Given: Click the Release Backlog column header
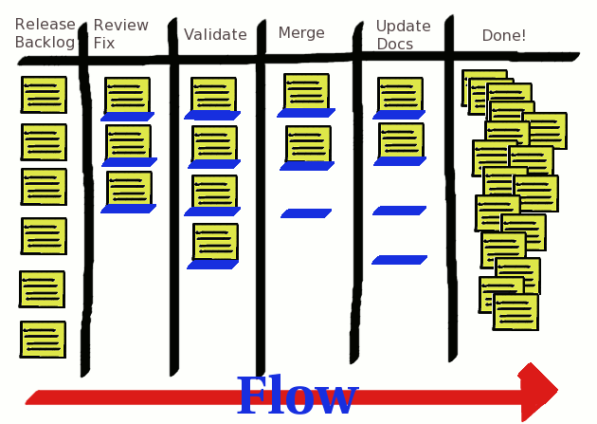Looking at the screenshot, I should (45, 33).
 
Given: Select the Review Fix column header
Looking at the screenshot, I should (120, 34).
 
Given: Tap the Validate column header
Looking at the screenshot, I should (215, 35).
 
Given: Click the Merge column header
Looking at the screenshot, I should (301, 33).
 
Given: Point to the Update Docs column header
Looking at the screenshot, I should (403, 34).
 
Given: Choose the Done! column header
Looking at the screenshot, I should (503, 36).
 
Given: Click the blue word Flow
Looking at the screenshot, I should (297, 396).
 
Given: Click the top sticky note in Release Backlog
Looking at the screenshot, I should (44, 95).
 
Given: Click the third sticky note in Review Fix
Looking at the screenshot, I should (129, 188).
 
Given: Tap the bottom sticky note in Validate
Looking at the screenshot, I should (215, 242).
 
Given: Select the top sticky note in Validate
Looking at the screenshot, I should (213, 95).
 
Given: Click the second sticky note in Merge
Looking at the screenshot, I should (308, 144).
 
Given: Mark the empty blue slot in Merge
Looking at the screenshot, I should (306, 213).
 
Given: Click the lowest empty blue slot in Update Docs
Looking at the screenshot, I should (399, 259).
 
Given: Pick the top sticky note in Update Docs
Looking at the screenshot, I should (400, 95).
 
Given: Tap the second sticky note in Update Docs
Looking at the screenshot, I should (401, 140).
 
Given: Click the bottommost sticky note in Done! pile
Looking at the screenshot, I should (516, 312).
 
